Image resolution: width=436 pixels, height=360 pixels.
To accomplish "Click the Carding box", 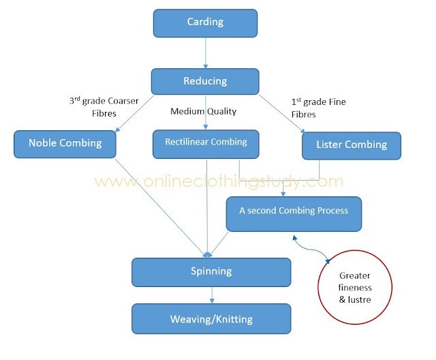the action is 205,23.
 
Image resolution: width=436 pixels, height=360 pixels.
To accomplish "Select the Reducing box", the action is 205,82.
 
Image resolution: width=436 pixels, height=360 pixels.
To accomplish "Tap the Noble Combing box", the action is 65,144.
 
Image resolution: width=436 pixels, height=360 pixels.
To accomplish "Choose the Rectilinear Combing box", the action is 206,144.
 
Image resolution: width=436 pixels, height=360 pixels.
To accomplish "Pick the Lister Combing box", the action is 352,146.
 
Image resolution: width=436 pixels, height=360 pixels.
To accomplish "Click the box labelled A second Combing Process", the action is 294,214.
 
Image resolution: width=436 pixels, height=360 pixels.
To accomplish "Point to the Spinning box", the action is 211,272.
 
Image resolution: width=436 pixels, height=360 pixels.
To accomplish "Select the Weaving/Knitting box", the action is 211,319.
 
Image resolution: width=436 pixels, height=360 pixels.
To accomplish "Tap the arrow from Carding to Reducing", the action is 206,53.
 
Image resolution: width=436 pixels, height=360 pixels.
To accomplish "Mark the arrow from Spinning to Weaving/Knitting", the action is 212,295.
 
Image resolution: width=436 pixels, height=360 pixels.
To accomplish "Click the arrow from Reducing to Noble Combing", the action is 134,113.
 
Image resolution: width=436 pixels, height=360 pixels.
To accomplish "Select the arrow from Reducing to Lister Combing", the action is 282,114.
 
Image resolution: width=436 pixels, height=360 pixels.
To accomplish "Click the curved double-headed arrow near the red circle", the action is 311,248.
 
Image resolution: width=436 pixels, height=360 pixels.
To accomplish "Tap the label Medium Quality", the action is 203,111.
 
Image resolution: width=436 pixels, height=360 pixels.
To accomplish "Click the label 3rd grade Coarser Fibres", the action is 104,107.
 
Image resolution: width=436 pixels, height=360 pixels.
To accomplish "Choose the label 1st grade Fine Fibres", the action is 318,108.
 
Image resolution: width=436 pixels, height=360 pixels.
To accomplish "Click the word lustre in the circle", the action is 359,299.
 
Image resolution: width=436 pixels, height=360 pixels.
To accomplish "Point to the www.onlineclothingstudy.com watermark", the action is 219,181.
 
